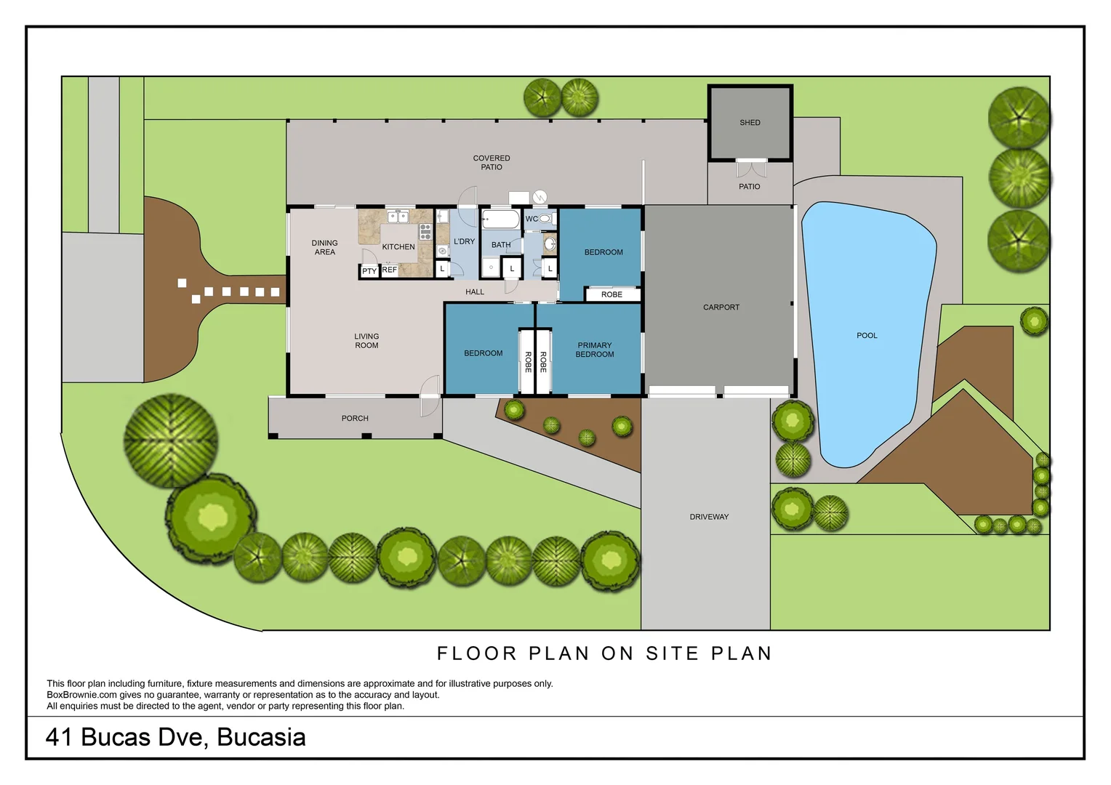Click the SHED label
point(750,123)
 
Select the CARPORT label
point(721,307)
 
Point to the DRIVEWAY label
point(709,517)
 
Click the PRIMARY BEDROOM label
point(595,350)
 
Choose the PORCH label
point(355,418)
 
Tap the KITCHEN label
point(398,247)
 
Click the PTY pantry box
point(369,271)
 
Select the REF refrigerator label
point(390,270)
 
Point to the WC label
point(532,219)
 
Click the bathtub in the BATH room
point(501,220)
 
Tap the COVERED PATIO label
point(492,162)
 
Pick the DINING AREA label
point(325,247)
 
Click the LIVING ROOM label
point(366,341)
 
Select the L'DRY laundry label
point(464,241)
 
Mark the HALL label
point(475,291)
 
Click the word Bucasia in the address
point(261,737)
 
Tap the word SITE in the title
point(672,653)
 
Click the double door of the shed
point(751,169)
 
